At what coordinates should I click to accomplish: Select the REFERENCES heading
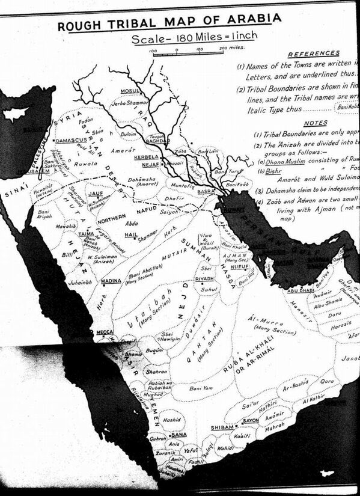pyautogui.click(x=314, y=53)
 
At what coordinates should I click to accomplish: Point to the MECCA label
pyautogui.click(x=104, y=331)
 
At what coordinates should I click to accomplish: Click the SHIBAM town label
pyautogui.click(x=221, y=427)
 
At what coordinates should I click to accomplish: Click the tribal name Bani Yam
pyautogui.click(x=202, y=389)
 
